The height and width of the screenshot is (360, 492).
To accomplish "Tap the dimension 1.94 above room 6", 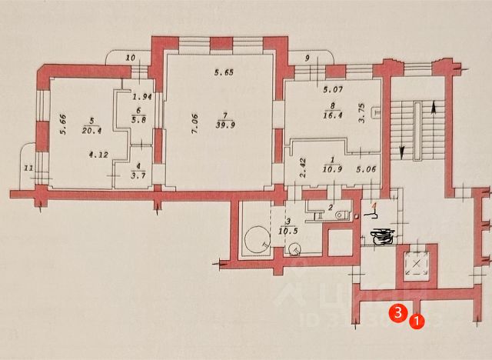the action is click(140, 97).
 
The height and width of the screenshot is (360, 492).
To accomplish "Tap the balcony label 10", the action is click(130, 58).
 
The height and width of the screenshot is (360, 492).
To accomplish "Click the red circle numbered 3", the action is click(397, 313).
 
